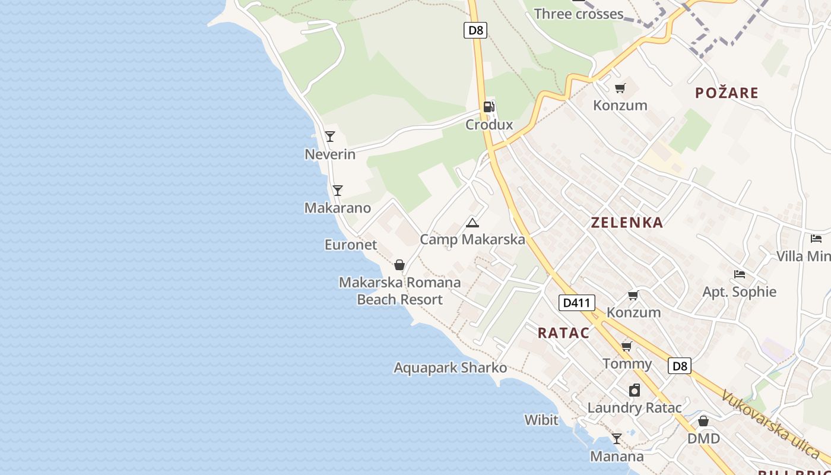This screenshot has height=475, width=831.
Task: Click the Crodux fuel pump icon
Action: coord(489,107)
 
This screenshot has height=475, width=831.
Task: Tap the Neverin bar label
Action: coord(330,154)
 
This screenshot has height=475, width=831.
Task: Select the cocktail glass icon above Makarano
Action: coord(338,191)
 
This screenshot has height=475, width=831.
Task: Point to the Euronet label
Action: coord(351,245)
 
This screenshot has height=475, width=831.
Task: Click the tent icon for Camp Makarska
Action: coord(472,223)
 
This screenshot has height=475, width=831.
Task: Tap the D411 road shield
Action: coord(576,303)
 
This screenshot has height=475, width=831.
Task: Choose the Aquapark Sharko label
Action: coord(451,368)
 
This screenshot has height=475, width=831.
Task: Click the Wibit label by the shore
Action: coord(541,420)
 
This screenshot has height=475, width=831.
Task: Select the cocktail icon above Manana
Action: coord(617,439)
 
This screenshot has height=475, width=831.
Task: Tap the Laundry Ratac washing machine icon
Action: coord(635,390)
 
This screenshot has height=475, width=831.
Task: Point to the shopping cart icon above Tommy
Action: coord(627,346)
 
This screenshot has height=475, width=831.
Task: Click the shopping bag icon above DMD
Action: coord(703,421)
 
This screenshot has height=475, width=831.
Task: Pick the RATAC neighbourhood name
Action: coord(564,333)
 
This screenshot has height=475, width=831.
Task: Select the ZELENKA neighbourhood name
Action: coord(627,223)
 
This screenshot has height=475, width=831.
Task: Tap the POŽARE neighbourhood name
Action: coord(727,93)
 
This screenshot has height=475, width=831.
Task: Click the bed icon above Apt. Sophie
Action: coord(740,274)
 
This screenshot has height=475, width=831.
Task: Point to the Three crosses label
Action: coord(579,14)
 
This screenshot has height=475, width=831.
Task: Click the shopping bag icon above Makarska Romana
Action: coord(399,265)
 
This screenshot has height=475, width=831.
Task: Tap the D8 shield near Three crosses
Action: coord(475,30)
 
